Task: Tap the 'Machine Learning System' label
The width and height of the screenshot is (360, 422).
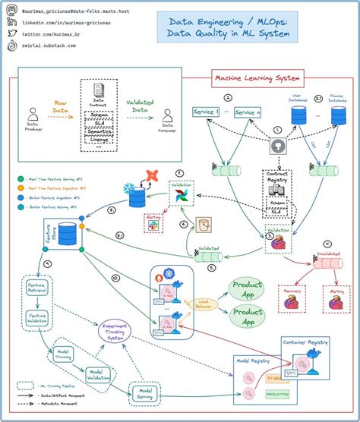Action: (x=257, y=77)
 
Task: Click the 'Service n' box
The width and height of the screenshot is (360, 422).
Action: (x=248, y=112)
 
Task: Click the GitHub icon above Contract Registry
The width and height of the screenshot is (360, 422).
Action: (x=277, y=147)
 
